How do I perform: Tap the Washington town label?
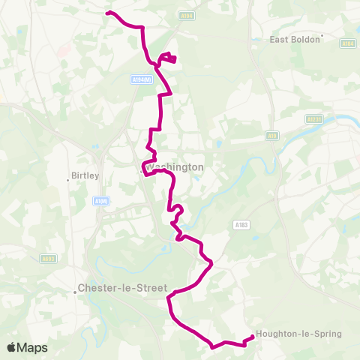(x=175, y=167)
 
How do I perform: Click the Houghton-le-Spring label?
(x=298, y=334)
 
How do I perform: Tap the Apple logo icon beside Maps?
(x=11, y=347)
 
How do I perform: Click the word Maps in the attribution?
(x=32, y=347)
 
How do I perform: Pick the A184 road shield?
(x=347, y=43)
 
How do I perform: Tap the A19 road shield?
(x=271, y=136)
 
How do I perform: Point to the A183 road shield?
(x=241, y=223)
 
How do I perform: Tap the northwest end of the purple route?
(x=107, y=13)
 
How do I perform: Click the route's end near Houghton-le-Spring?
(x=251, y=336)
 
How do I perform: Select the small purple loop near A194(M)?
(x=168, y=58)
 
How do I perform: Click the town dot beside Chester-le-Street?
(x=76, y=292)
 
